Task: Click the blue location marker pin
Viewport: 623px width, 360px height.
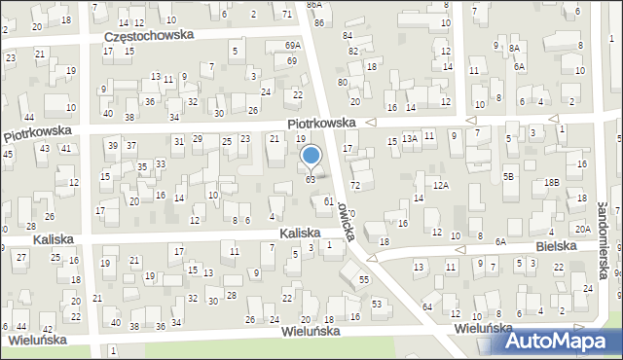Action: pyautogui.click(x=311, y=156)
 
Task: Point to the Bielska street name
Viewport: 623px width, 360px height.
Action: pyautogui.click(x=556, y=247)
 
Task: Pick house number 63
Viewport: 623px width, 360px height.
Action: pyautogui.click(x=311, y=179)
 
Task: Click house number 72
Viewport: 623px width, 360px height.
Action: pyautogui.click(x=355, y=185)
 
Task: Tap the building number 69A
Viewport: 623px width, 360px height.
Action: pyautogui.click(x=292, y=46)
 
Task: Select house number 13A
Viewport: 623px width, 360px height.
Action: pyautogui.click(x=410, y=139)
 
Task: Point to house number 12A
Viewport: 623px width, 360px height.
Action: pyautogui.click(x=441, y=185)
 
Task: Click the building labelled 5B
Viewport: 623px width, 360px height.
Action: pyautogui.click(x=507, y=176)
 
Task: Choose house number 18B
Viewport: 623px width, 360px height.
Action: pyautogui.click(x=552, y=182)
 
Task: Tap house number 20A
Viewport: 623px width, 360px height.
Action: pyautogui.click(x=582, y=229)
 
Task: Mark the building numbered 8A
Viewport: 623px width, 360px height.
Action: pyautogui.click(x=513, y=47)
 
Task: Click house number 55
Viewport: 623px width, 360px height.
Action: pyautogui.click(x=364, y=279)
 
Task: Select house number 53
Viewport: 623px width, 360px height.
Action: pyautogui.click(x=377, y=305)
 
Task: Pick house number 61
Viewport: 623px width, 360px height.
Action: pyautogui.click(x=329, y=200)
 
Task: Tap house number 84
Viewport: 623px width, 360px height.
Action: pyautogui.click(x=348, y=35)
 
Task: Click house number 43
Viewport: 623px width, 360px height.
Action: pyautogui.click(x=44, y=148)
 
